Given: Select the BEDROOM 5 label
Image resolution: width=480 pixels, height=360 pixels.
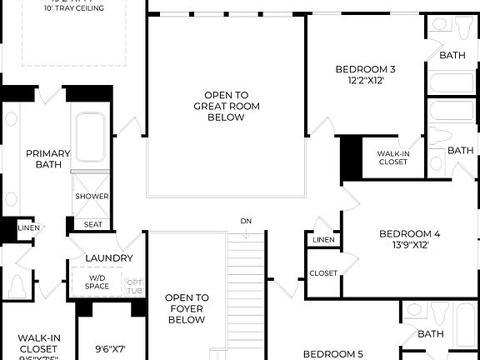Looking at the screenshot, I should pos(332,354).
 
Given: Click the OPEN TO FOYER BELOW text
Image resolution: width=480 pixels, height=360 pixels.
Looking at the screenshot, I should pos(186,308).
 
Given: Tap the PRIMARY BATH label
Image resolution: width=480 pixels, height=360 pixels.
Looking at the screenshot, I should pos(47,158).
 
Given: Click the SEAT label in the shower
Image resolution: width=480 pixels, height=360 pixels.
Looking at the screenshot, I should pos(92,224).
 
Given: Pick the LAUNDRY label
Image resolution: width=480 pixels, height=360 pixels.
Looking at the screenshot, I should pos(108,258).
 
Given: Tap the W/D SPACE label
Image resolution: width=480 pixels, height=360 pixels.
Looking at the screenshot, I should pos(97,282).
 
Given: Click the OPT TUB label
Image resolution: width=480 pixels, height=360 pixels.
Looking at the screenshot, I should pos(134,286).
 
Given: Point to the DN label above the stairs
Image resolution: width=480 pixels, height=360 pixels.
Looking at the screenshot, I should pos(245,221).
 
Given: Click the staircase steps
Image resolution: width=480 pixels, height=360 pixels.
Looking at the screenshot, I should pos(246,292).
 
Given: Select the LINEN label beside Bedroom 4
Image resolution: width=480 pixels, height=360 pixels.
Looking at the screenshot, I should pos(323,240).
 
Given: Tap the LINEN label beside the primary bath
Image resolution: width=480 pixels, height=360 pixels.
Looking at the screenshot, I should pos(27,227).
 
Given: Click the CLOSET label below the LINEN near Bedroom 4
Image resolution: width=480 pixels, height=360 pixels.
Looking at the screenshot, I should pos(323,273).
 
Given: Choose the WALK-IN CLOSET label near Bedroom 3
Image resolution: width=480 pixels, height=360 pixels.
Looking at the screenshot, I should pos(392,157).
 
